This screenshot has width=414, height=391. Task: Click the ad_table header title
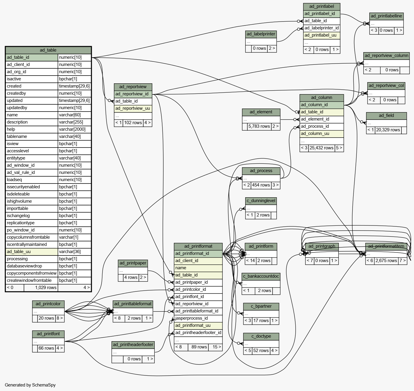(x=48, y=50)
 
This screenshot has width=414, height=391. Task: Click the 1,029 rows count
(x=46, y=288)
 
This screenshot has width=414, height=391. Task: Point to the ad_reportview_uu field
(x=133, y=108)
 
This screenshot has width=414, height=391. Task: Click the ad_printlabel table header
(x=322, y=7)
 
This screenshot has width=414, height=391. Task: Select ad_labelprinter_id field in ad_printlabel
(x=322, y=28)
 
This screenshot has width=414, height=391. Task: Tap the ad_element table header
(x=261, y=112)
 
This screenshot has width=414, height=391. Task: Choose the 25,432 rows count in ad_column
(x=321, y=148)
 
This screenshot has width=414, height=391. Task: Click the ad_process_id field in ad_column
(x=322, y=126)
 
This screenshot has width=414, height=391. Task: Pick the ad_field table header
(x=386, y=115)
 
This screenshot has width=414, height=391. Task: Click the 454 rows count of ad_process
(x=261, y=185)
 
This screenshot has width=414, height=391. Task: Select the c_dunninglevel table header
(x=261, y=201)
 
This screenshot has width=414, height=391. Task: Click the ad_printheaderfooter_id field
(x=198, y=333)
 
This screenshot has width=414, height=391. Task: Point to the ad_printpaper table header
(x=133, y=263)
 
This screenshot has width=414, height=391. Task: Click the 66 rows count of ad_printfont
(x=46, y=348)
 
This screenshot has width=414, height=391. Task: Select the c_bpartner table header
(x=261, y=306)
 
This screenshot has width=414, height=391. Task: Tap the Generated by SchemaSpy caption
(x=30, y=385)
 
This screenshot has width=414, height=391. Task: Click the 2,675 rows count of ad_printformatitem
(x=386, y=261)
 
